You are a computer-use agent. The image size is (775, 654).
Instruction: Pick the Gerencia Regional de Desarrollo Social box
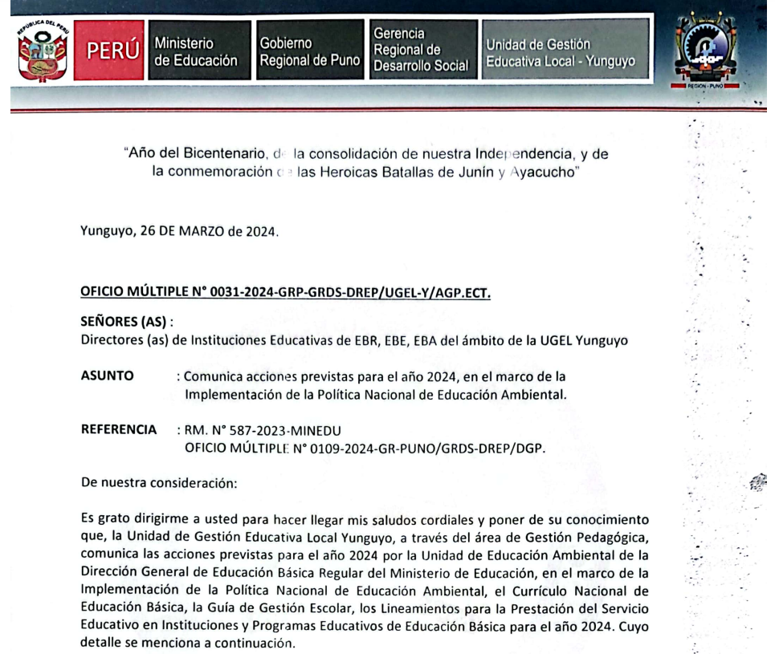point(419,49)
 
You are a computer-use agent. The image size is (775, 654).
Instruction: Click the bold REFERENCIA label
point(119,430)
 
